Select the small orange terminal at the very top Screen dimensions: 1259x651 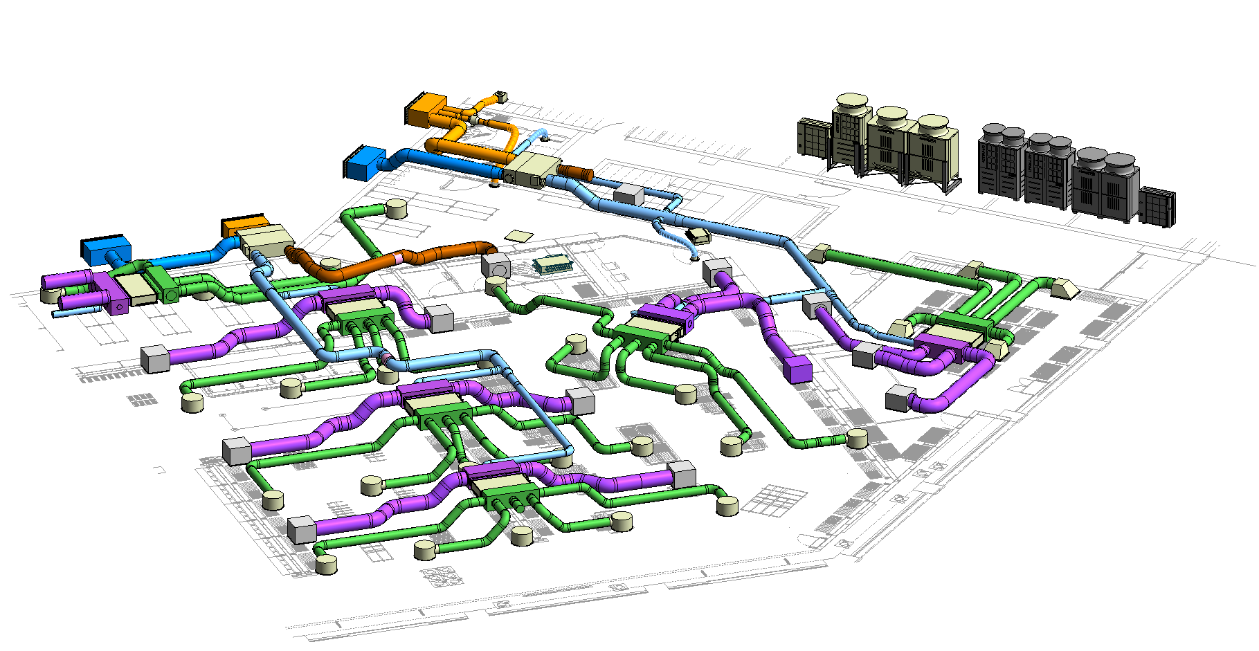tap(500, 96)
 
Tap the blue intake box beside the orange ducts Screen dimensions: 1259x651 tap(363, 163)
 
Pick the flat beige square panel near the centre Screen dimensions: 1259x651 tap(519, 236)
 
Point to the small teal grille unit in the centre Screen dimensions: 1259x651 tap(552, 263)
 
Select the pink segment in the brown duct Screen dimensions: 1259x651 tap(399, 257)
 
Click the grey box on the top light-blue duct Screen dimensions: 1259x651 tap(628, 194)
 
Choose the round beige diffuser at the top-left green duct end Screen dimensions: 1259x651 tap(396, 208)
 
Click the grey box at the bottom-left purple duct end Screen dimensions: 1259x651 tap(302, 529)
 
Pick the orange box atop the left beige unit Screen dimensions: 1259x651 tap(244, 226)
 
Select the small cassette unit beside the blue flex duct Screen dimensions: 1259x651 tap(698, 236)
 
